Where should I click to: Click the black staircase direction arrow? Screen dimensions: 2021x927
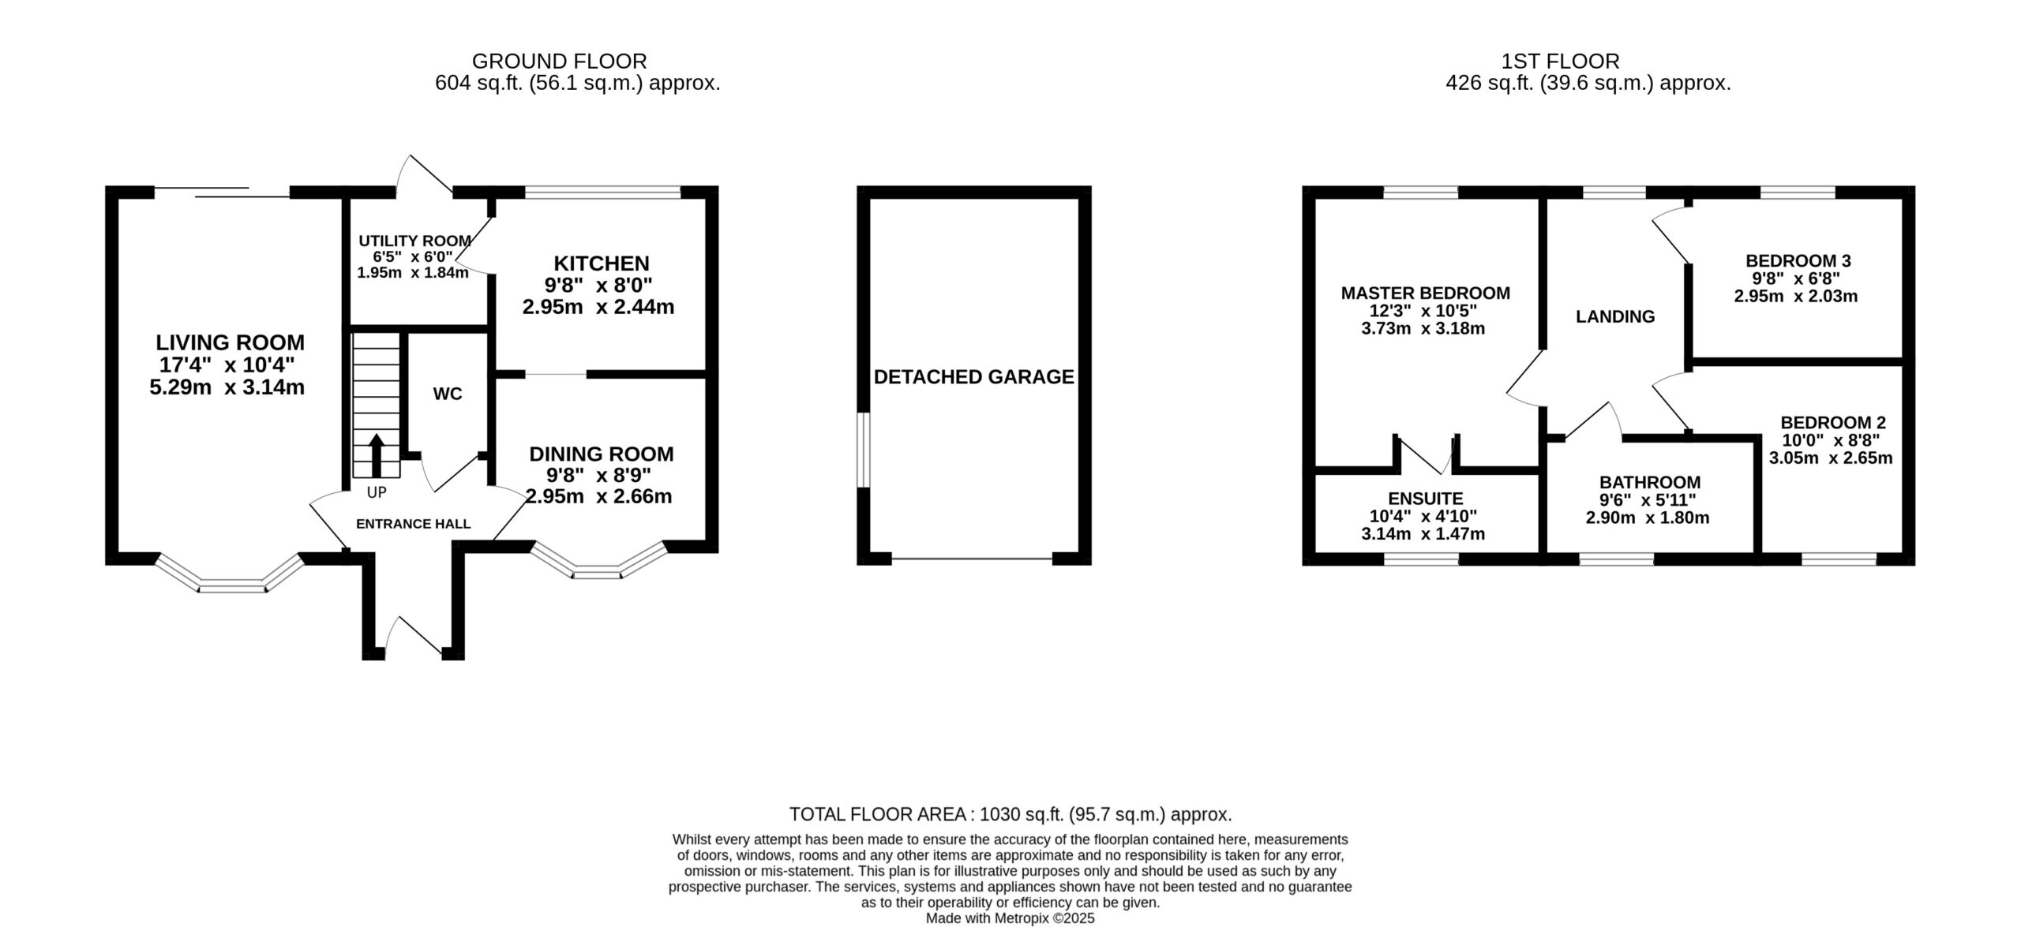pos(377,455)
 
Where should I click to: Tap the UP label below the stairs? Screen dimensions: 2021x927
pos(377,492)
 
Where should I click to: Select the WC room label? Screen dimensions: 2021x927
pos(448,394)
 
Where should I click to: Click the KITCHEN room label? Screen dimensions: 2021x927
pos(602,263)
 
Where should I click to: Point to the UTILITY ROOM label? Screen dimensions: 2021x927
pos(415,241)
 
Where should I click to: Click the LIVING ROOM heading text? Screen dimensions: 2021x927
pos(230,342)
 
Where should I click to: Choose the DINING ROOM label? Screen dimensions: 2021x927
pos(602,454)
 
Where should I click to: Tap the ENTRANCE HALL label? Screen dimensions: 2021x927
pos(414,524)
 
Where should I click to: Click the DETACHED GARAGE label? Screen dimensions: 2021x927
pos(974,377)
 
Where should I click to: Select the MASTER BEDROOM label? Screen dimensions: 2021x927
pos(1426,293)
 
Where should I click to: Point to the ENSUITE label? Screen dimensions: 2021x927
pos(1426,499)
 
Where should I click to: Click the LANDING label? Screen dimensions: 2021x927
pos(1615,316)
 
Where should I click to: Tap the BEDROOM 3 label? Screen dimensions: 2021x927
pos(1795,260)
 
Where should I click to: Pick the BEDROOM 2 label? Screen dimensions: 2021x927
pos(1833,423)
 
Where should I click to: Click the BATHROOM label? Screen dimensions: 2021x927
pos(1650,482)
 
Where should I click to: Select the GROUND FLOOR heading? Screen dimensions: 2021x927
pos(559,61)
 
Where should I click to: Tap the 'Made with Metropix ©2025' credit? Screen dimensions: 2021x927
pos(1010,918)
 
